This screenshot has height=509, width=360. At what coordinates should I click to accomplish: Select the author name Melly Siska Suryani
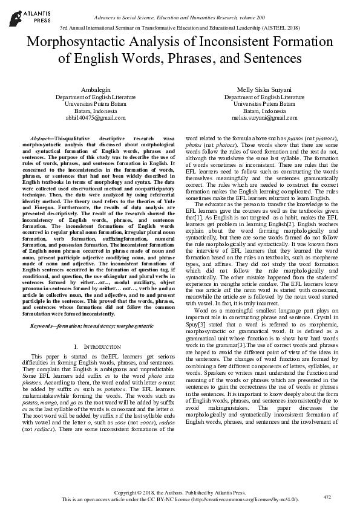pos(264,89)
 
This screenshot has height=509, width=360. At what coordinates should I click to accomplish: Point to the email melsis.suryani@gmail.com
pos(264,118)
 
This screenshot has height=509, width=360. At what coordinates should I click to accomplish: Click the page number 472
pos(327,497)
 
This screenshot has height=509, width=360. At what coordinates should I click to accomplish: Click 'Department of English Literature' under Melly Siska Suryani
pos(264,97)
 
